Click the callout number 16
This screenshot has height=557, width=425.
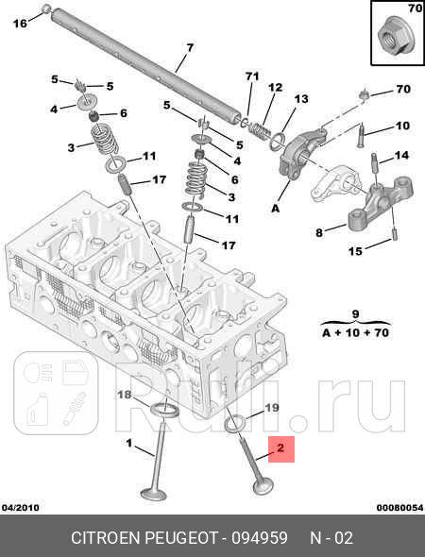(19, 24)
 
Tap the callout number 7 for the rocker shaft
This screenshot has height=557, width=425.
(190, 47)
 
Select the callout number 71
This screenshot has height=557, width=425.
(251, 76)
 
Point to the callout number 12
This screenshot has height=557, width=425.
(276, 88)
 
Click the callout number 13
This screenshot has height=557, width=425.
(301, 99)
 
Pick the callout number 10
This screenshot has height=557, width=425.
(402, 126)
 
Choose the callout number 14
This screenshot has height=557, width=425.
(401, 155)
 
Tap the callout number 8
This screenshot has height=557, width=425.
(318, 231)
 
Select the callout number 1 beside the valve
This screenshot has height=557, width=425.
(129, 443)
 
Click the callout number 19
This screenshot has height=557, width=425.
(271, 408)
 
